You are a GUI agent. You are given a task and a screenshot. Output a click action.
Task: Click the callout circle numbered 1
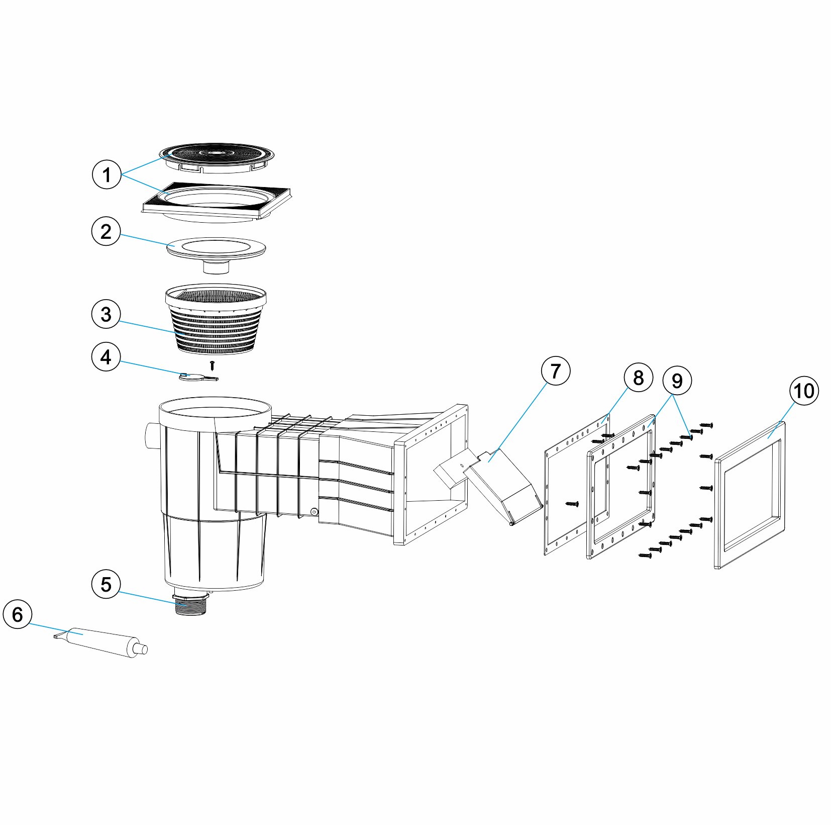click(107, 175)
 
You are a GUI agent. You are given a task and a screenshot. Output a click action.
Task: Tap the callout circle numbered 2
click(106, 232)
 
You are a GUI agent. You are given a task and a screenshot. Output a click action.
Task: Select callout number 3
click(106, 314)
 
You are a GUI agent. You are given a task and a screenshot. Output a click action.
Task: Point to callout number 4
click(106, 357)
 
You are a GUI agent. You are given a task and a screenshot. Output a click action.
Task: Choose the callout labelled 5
click(106, 584)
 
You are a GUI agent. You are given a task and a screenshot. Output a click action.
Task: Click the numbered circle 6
click(18, 614)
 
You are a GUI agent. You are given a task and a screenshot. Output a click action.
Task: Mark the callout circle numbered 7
click(555, 371)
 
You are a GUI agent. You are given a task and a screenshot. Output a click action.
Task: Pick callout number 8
click(639, 378)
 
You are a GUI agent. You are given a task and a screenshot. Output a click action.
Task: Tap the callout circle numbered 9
click(677, 381)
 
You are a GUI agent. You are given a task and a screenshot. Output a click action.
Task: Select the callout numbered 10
click(804, 391)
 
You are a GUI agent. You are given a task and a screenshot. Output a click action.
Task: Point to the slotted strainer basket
click(216, 320)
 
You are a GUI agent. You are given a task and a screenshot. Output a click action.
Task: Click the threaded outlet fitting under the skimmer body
click(190, 605)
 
